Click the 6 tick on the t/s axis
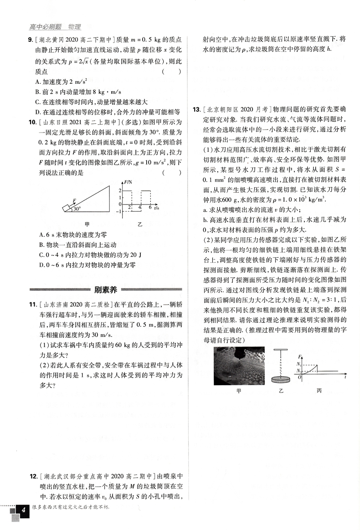pos(149,207)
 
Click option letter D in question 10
pos(41,265)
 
